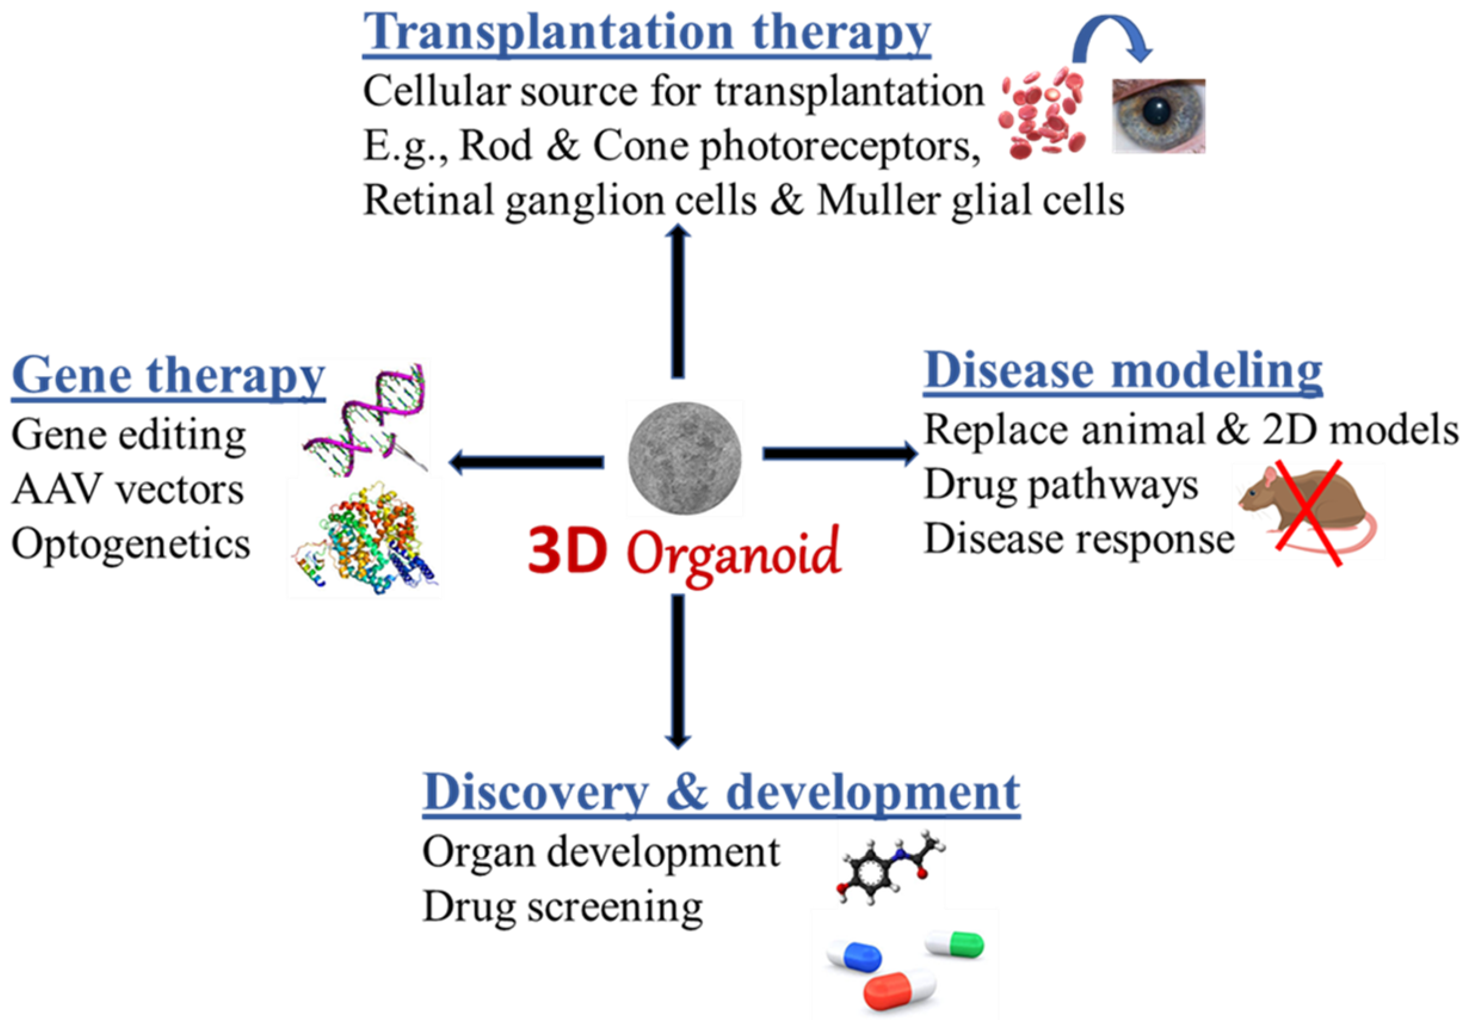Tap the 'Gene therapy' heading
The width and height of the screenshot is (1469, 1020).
click(x=168, y=376)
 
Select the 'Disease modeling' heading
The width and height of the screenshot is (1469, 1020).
click(x=1122, y=370)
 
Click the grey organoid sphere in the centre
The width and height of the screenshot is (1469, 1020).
click(x=685, y=458)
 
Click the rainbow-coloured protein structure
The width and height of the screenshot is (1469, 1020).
click(x=364, y=537)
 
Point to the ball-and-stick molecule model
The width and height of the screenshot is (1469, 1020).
click(x=891, y=867)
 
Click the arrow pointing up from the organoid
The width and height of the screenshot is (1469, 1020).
click(x=678, y=300)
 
